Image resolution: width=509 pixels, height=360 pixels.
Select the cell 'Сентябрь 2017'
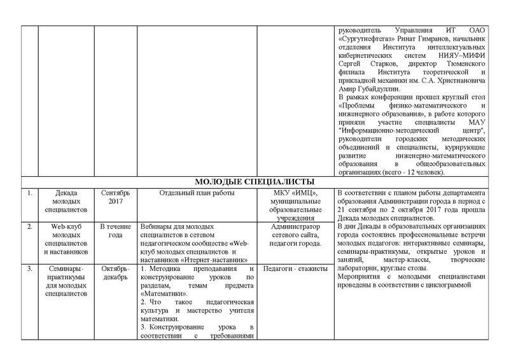115,198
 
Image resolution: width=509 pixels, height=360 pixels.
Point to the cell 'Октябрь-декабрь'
115,274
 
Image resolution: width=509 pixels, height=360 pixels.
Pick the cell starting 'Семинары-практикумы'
66,282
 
